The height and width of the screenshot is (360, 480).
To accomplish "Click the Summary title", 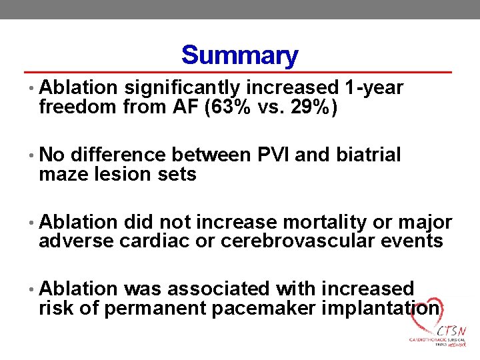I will (x=239, y=55).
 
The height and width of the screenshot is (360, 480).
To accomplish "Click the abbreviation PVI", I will (x=272, y=155).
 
